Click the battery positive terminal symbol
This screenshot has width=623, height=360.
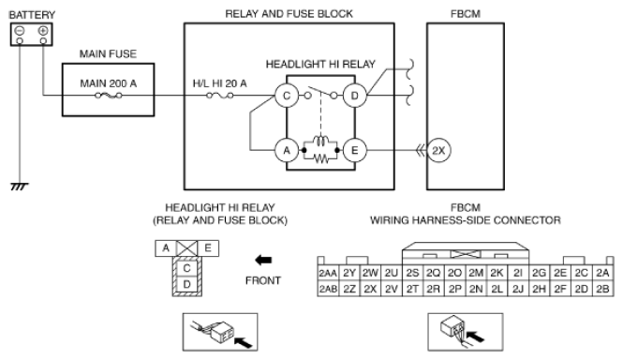pyautogui.click(x=43, y=30)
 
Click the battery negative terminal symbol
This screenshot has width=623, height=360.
pyautogui.click(x=20, y=30)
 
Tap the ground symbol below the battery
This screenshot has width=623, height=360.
pyautogui.click(x=19, y=187)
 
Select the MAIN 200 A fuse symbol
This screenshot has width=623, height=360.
pyautogui.click(x=109, y=95)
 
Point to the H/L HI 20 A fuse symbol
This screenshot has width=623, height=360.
pyautogui.click(x=220, y=95)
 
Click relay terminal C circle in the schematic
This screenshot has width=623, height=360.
pyautogui.click(x=287, y=96)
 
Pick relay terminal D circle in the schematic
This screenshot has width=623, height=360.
pyautogui.click(x=355, y=96)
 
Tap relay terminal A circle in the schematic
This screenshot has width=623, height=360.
pyautogui.click(x=287, y=150)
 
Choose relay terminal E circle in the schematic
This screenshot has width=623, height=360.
pyautogui.click(x=355, y=150)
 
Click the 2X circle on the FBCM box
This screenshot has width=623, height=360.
pyautogui.click(x=438, y=150)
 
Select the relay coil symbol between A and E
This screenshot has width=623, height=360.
pyautogui.click(x=320, y=142)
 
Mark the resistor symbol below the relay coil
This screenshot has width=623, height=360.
pyautogui.click(x=320, y=159)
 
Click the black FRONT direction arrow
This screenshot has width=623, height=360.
pyautogui.click(x=263, y=260)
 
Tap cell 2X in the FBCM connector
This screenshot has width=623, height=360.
pyautogui.click(x=370, y=289)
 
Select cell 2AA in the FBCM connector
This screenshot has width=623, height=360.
pyautogui.click(x=328, y=273)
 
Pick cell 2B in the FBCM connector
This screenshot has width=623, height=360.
pyautogui.click(x=602, y=289)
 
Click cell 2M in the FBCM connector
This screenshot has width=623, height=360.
pyautogui.click(x=476, y=273)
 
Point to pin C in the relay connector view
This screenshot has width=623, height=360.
pyautogui.click(x=186, y=268)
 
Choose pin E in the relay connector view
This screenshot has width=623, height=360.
pyautogui.click(x=208, y=248)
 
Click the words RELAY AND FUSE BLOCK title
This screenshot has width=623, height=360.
pyautogui.click(x=289, y=14)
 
